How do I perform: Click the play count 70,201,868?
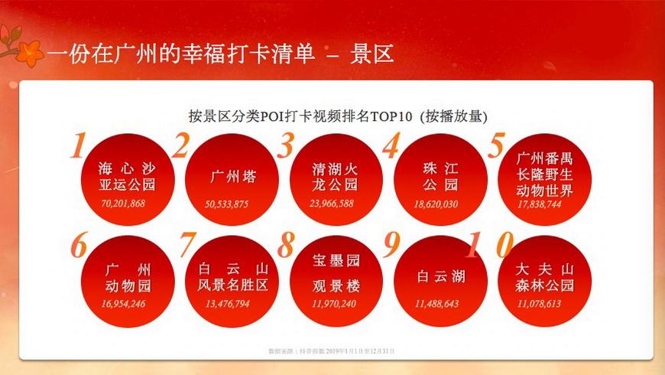tap(122, 204)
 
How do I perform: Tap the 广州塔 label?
tap(233, 177)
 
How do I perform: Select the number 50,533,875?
tap(227, 204)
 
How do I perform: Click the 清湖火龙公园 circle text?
tap(336, 177)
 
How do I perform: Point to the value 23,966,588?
tap(333, 204)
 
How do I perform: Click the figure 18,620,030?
tap(436, 204)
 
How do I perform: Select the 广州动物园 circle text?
tap(128, 278)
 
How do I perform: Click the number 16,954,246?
tap(122, 304)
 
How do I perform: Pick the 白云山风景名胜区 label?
tap(233, 278)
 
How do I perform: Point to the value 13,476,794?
tap(228, 304)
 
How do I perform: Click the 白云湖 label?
tap(441, 276)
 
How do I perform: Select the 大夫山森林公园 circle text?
tap(545, 278)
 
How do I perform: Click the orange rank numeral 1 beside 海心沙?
tap(78, 146)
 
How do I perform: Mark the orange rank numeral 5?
tap(498, 145)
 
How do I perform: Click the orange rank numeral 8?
tap(286, 246)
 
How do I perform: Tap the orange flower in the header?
tap(31, 51)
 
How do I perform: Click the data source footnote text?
tap(331, 351)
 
